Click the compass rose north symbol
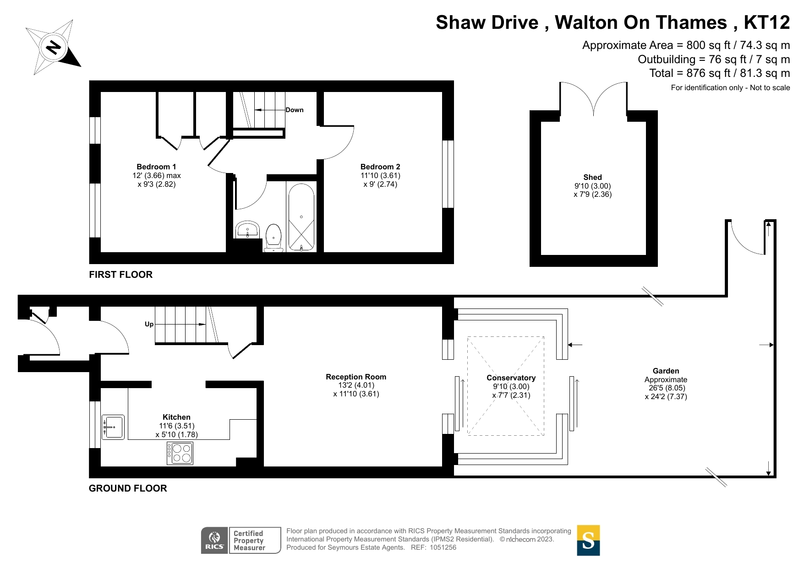click(x=53, y=47)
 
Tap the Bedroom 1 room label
click(x=156, y=167)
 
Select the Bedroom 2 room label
click(x=380, y=167)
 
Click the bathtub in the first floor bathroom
click(x=301, y=217)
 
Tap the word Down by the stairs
click(x=295, y=110)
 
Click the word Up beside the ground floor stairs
click(x=149, y=324)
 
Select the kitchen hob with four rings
click(x=180, y=453)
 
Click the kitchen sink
click(x=113, y=427)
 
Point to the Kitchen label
click(x=176, y=417)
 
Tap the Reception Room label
click(x=356, y=377)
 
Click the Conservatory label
click(x=511, y=378)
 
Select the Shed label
click(x=592, y=177)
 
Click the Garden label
click(x=666, y=371)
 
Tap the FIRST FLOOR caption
click(x=120, y=275)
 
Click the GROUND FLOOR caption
click(x=128, y=488)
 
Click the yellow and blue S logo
click(x=588, y=541)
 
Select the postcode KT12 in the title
click(x=766, y=22)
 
